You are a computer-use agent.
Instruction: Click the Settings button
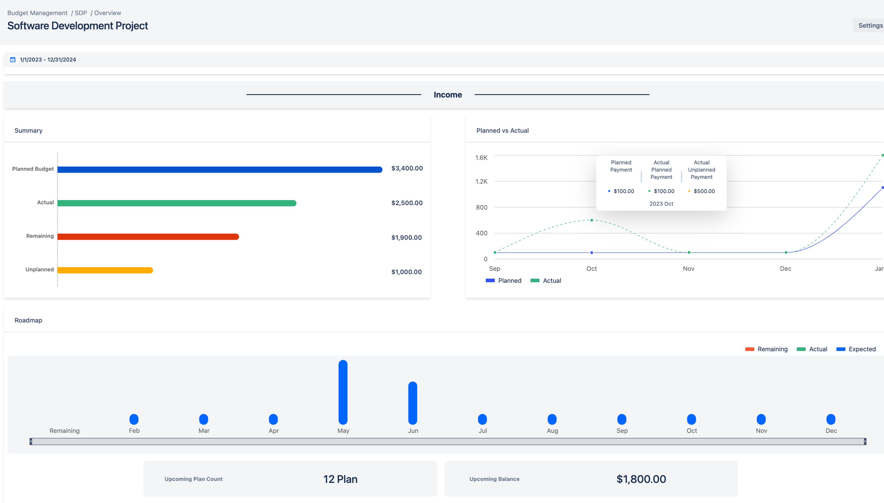tap(870, 25)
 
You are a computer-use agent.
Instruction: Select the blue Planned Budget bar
tap(220, 169)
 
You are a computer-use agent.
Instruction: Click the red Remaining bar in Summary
tap(148, 237)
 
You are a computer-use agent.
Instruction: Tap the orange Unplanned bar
tap(105, 270)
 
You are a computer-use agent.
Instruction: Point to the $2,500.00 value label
tap(407, 203)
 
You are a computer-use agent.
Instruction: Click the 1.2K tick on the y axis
tap(481, 181)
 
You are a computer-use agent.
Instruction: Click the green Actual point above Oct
tap(591, 220)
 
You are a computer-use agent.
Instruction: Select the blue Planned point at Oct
tap(591, 253)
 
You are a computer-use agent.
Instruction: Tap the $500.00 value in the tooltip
tap(704, 191)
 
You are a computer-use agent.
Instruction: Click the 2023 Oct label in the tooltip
tap(661, 204)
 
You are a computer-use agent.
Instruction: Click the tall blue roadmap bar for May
tap(343, 392)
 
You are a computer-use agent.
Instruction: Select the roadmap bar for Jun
tap(413, 403)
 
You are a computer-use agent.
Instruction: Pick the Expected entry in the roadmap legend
tap(856, 349)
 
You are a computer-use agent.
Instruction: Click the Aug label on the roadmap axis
tap(552, 430)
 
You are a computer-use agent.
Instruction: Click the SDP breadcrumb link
tap(81, 13)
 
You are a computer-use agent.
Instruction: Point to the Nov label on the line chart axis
tap(688, 269)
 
